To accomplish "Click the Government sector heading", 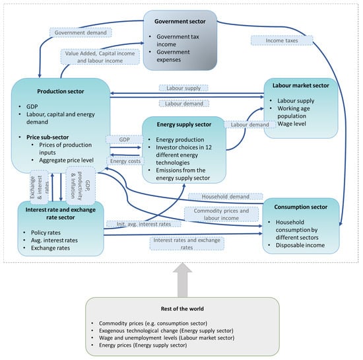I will point(180,20).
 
